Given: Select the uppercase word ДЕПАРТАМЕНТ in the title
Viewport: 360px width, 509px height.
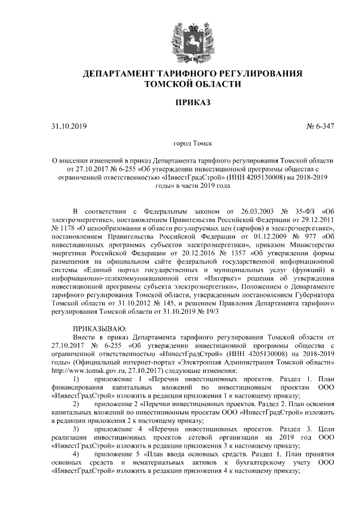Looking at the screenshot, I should (118, 74).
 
